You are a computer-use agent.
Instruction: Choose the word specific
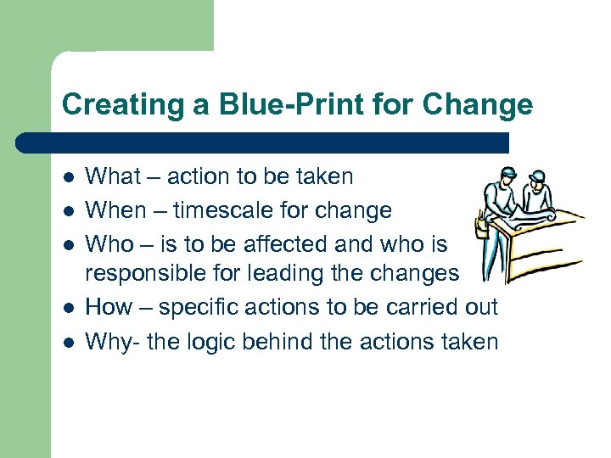(x=192, y=307)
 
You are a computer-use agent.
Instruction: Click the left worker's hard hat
(x=507, y=174)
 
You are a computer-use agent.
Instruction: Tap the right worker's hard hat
(x=536, y=176)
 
